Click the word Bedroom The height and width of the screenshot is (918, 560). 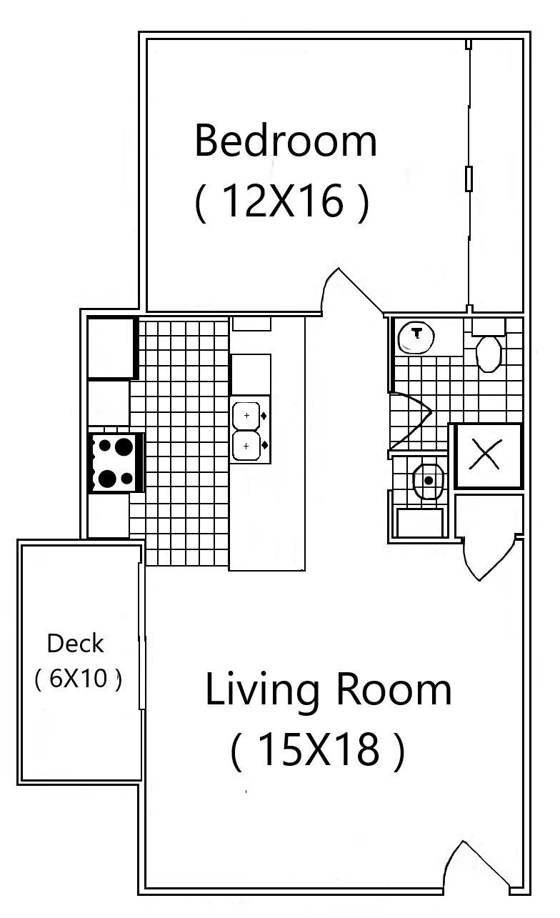pyautogui.click(x=285, y=141)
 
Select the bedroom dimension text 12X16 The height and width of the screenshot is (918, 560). pyautogui.click(x=281, y=202)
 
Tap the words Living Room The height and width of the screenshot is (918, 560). pyautogui.click(x=328, y=691)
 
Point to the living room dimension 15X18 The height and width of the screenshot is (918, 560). pyautogui.click(x=317, y=750)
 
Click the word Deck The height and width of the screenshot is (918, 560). pyautogui.click(x=75, y=644)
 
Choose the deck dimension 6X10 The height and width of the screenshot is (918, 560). pyautogui.click(x=77, y=678)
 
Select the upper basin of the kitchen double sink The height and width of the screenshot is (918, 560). pyautogui.click(x=246, y=415)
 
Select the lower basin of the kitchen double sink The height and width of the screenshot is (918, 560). pyautogui.click(x=246, y=446)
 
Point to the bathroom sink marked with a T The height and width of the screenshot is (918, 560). pyautogui.click(x=416, y=335)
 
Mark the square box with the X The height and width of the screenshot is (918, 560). pyautogui.click(x=487, y=456)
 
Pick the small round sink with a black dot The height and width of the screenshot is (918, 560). pyautogui.click(x=428, y=480)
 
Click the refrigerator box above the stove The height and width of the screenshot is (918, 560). pyautogui.click(x=111, y=348)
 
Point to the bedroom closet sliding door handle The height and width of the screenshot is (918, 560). pyautogui.click(x=469, y=178)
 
